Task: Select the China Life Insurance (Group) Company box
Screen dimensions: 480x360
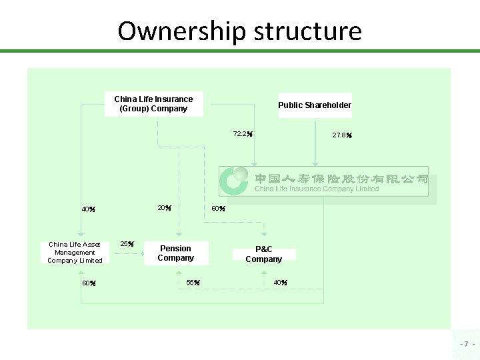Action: tap(154, 104)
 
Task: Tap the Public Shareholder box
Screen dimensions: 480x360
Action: tap(315, 105)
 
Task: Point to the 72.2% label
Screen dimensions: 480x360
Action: tap(242, 134)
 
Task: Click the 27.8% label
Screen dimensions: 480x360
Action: tap(342, 135)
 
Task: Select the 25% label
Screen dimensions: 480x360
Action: tap(127, 244)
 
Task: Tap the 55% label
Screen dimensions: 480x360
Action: tap(193, 283)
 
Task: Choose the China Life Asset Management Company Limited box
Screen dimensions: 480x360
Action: tap(75, 252)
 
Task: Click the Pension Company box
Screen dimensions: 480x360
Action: tap(176, 253)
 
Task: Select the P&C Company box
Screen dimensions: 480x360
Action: tap(264, 254)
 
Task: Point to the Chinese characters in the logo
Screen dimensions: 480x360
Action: tap(341, 178)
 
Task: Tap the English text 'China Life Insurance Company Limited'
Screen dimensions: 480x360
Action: tap(317, 189)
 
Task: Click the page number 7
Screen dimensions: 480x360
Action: tap(466, 344)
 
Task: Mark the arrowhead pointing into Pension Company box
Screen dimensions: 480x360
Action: tap(179, 236)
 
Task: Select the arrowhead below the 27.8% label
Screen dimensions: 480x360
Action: tap(314, 163)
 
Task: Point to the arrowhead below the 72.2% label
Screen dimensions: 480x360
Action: tap(255, 163)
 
